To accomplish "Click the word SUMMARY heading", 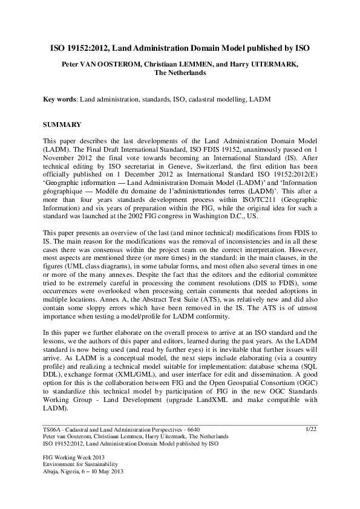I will tap(62, 125).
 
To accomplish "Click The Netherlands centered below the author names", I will tap(179, 72).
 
